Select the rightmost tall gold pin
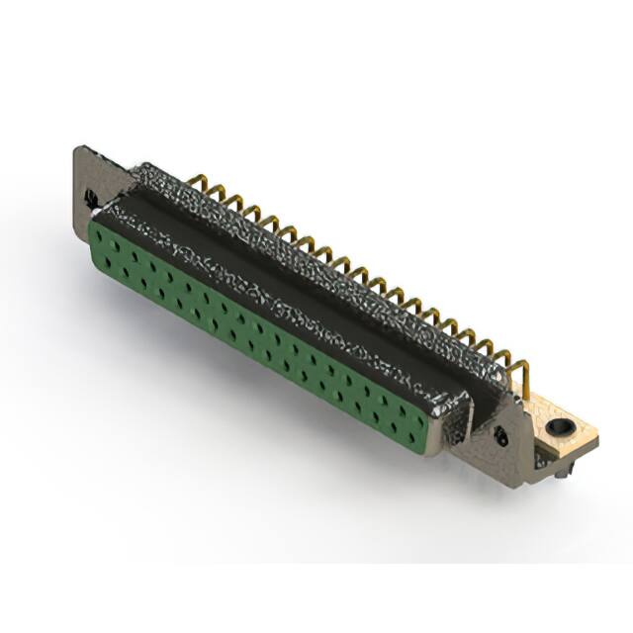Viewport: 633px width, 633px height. pos(522,377)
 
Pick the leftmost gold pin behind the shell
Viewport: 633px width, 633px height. pos(194,183)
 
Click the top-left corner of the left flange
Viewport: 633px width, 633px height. pos(78,149)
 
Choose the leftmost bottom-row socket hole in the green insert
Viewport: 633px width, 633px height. pos(107,259)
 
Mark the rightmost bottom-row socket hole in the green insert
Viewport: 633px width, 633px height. pos(406,431)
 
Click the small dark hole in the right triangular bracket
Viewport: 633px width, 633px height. pos(501,434)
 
